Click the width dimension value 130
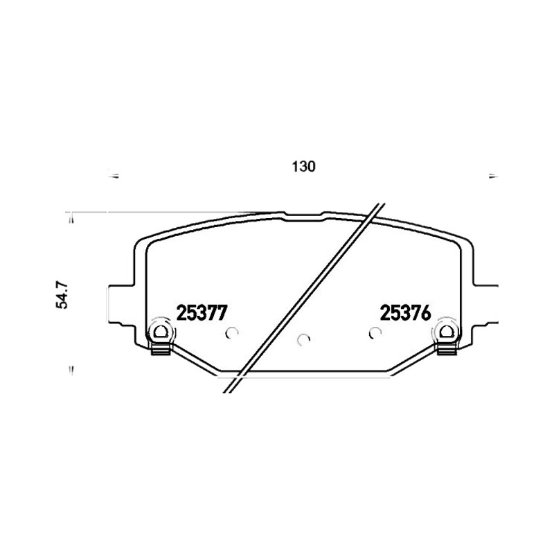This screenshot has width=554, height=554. tap(303, 166)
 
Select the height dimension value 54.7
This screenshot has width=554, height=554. tap(62, 296)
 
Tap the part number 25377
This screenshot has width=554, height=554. tap(202, 313)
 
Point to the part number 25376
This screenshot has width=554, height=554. tap(405, 313)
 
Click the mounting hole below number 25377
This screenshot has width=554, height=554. tap(161, 332)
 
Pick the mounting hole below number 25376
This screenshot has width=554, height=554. tap(447, 332)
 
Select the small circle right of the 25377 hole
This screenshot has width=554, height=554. tap(232, 332)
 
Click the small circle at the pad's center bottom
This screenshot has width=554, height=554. tap(303, 339)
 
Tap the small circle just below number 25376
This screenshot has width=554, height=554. tap(375, 332)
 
